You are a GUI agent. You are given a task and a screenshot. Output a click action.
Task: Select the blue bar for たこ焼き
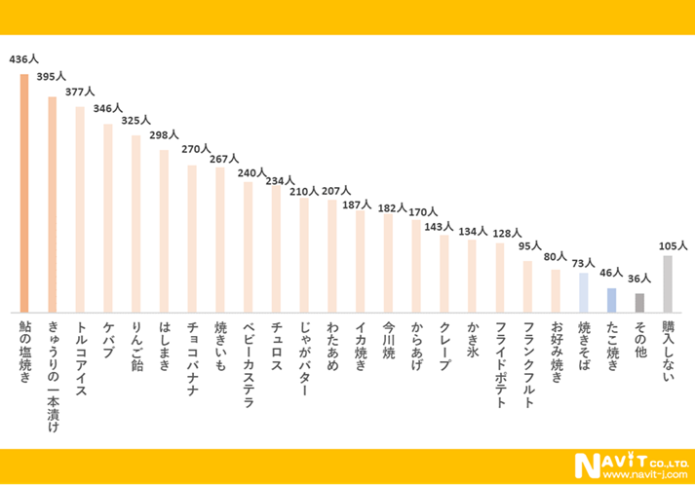pyautogui.click(x=611, y=299)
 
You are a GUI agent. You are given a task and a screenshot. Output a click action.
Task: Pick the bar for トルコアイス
pyautogui.click(x=80, y=208)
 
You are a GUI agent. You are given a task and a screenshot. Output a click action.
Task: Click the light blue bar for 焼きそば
pyautogui.click(x=583, y=291)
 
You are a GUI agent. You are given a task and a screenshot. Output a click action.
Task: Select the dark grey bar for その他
pyautogui.click(x=639, y=302)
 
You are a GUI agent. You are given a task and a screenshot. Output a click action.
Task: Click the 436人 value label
pyautogui.click(x=23, y=59)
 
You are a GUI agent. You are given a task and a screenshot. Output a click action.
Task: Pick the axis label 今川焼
pyautogui.click(x=388, y=340)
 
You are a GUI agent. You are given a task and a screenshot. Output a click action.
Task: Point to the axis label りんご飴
pyautogui.click(x=136, y=340)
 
